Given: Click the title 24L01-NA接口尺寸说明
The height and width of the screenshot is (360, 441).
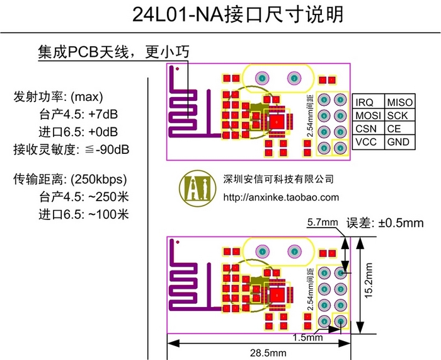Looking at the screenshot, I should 221,15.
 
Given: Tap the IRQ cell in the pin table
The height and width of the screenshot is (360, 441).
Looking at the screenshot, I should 365,102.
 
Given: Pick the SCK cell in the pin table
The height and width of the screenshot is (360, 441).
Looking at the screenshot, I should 397,115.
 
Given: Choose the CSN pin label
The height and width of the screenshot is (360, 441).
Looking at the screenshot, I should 366,129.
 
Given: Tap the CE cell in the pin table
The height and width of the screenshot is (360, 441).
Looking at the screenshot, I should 394,129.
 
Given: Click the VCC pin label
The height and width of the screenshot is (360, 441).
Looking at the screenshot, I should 366,142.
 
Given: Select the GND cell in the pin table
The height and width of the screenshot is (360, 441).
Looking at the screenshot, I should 398,142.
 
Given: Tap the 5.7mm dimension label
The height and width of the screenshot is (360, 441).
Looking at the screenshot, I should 322,223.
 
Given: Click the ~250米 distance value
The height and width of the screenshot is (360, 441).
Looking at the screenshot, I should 108,196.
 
